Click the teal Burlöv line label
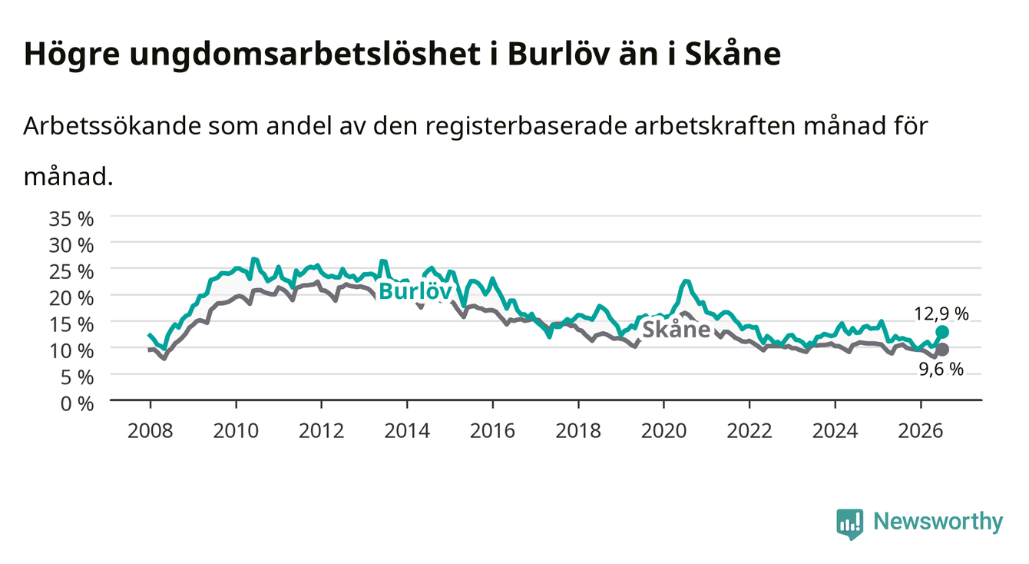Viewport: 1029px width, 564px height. coord(415,291)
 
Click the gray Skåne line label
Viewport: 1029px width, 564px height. coord(676,330)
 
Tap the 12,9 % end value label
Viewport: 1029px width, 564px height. coord(941,314)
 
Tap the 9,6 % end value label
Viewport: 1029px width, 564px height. coord(941,369)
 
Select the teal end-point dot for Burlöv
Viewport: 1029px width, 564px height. coord(941,332)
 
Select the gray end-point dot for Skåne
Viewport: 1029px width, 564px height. coord(941,350)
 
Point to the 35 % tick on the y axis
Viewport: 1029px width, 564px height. coord(71,219)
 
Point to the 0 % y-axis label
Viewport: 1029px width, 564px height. coord(77,404)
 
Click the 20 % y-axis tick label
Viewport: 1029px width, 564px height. coord(71,298)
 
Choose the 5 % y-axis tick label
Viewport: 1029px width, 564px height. coord(77,378)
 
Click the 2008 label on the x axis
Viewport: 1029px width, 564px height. coord(151,431)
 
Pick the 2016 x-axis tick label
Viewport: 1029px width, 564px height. coord(492,431)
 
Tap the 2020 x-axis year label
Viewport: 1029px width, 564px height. coord(663,431)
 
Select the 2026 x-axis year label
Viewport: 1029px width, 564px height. coord(921,431)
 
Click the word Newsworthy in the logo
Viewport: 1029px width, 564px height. coord(938,521)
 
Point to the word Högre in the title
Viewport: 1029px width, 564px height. coord(72,55)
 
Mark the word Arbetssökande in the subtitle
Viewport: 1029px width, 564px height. coord(112,126)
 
